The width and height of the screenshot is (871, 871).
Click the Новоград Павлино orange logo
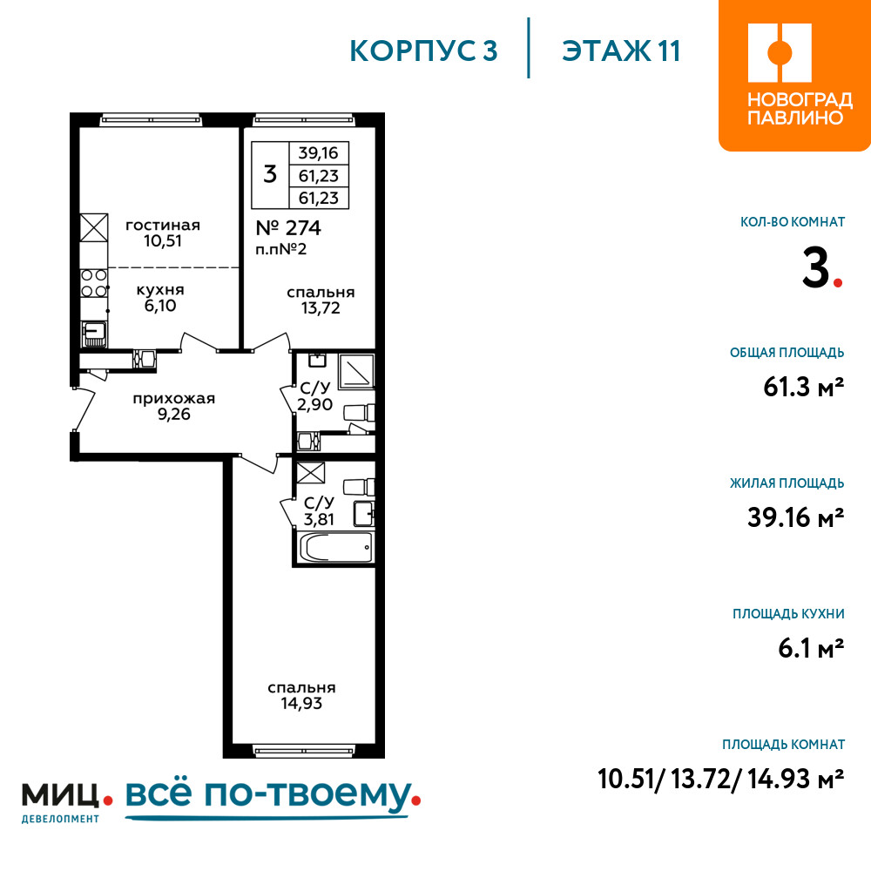(794, 75)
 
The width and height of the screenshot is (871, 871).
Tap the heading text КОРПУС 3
(423, 51)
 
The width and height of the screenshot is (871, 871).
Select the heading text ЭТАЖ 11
(621, 51)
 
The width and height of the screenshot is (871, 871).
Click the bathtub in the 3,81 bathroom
(336, 548)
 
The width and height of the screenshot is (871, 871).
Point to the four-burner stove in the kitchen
(94, 283)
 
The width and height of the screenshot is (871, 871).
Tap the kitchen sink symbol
(94, 334)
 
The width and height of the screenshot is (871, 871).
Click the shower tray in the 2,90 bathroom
(355, 371)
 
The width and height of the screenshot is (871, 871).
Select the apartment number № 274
(288, 227)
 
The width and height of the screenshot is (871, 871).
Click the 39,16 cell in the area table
(318, 152)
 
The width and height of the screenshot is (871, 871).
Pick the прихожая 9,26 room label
(174, 406)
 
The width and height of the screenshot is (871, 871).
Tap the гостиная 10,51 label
(163, 233)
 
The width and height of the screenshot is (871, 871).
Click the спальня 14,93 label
(301, 695)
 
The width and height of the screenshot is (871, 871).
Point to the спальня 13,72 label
(321, 300)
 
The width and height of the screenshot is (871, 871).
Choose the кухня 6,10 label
(160, 298)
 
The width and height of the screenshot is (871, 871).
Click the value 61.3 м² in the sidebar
(804, 387)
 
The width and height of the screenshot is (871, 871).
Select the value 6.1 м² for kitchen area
(811, 648)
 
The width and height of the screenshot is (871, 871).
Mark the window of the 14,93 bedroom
(304, 752)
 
